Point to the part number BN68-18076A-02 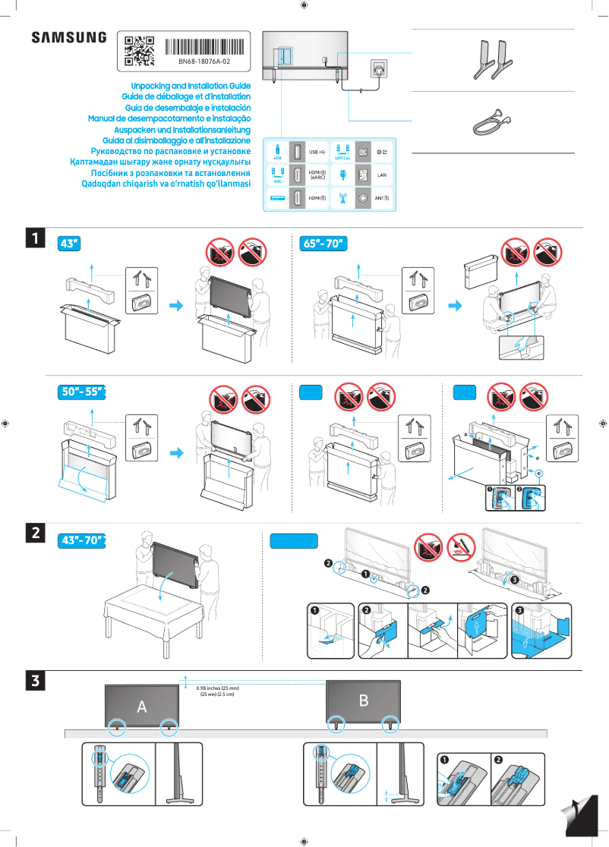point(204,61)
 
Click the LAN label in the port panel point(383,175)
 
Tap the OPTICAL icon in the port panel point(342,152)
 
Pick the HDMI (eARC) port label point(317,175)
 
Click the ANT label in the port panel point(383,198)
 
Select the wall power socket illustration point(379,68)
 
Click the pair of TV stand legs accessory point(492,59)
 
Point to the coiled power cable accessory point(492,120)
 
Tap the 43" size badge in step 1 point(69,243)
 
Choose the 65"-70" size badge point(323,243)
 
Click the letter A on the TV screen point(141,707)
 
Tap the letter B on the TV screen point(363,700)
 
